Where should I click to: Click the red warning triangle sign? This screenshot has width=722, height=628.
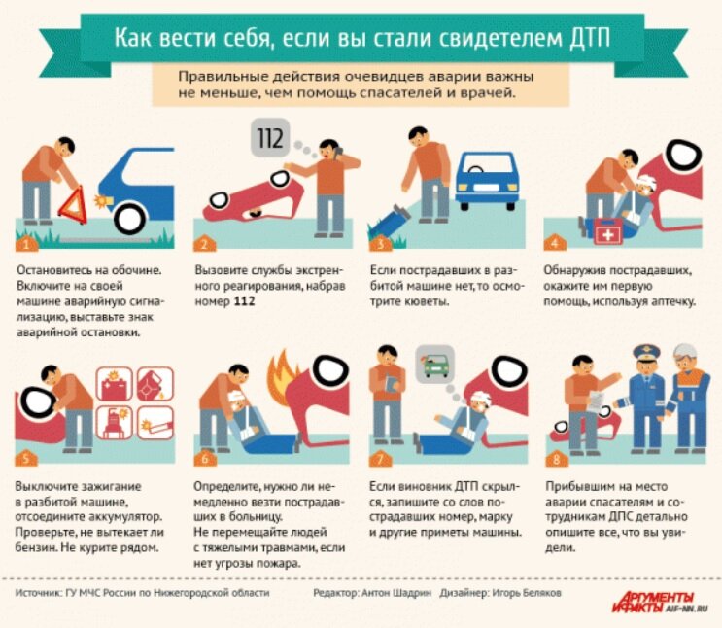coord(73,206)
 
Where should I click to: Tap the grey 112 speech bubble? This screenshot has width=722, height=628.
coord(270,137)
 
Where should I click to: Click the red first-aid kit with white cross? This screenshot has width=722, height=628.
coord(607,231)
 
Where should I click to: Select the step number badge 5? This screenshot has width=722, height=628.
coord(26,458)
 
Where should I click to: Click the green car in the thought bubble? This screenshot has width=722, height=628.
coord(435,365)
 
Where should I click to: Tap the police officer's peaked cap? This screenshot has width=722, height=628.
coord(647,352)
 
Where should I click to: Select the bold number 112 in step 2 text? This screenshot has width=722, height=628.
coord(245,301)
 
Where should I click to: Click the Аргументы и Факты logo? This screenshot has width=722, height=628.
coord(660,603)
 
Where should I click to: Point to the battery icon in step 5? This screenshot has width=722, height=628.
coord(114,384)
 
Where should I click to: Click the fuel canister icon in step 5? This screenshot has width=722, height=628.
coord(155,384)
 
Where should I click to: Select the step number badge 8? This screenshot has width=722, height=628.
coord(556,459)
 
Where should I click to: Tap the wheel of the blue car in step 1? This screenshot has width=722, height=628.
coord(130,219)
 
